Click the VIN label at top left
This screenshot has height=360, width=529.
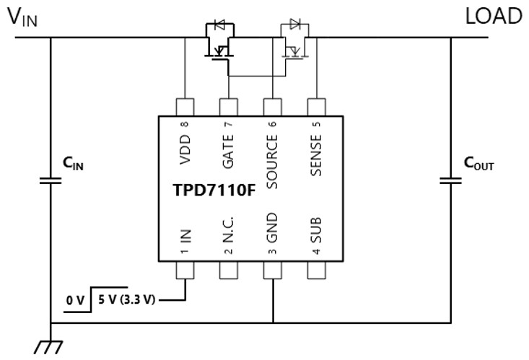pyautogui.click(x=22, y=17)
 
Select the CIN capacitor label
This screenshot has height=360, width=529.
pyautogui.click(x=73, y=164)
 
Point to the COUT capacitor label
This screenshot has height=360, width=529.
pyautogui.click(x=478, y=164)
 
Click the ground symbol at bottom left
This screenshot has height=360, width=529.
pyautogui.click(x=48, y=346)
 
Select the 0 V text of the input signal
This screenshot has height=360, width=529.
pyautogui.click(x=75, y=299)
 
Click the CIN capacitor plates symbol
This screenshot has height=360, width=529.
pyautogui.click(x=51, y=180)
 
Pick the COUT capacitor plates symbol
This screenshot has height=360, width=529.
pyautogui.click(x=451, y=180)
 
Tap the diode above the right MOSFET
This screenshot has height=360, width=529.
pyautogui.click(x=294, y=25)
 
